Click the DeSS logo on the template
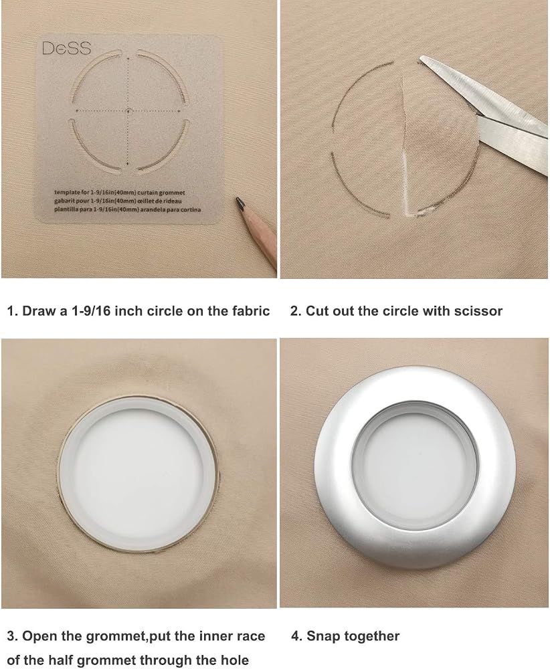click(66, 48)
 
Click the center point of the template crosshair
click(128, 111)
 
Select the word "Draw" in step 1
click(39, 310)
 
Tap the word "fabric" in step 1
click(249, 310)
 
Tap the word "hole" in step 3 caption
click(234, 660)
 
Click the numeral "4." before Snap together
click(296, 636)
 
